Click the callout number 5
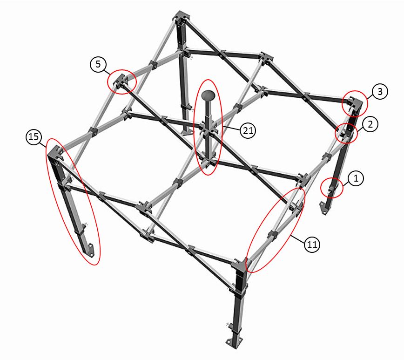point(98,64)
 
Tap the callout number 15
point(34,137)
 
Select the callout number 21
point(248,130)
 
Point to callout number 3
point(380,91)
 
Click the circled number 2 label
point(370,124)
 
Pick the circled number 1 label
point(356,178)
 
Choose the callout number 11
point(312,244)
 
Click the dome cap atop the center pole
point(208,95)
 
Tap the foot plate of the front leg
point(234,342)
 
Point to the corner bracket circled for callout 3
point(355,103)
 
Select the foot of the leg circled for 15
point(90,249)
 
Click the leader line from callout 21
point(231,129)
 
